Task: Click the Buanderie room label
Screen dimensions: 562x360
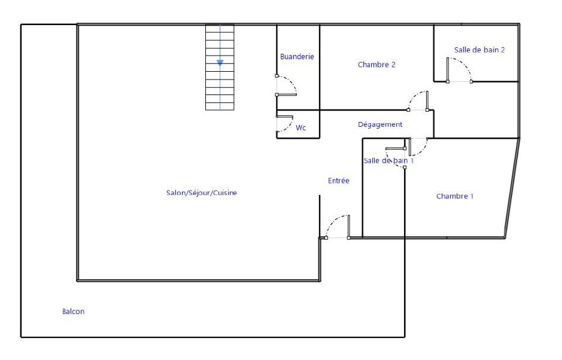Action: coord(297,57)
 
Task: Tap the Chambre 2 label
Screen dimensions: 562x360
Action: coord(376,65)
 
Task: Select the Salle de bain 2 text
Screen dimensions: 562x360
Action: coord(479,50)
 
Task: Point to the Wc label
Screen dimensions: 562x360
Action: coord(300,127)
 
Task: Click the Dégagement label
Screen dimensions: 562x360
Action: coord(380,124)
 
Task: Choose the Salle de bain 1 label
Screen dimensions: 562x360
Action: coord(388,160)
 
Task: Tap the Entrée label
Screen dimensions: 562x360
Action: coord(338,181)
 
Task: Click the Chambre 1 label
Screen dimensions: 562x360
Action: coord(455,196)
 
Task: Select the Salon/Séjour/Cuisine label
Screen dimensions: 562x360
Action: coord(202,193)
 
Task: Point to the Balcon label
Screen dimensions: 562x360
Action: coord(73,312)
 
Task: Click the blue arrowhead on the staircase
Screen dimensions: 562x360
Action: coord(220,63)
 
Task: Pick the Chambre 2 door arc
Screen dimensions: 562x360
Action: coord(414,97)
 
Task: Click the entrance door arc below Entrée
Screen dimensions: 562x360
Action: coord(333,222)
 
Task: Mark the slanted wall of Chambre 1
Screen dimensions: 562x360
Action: coord(512,188)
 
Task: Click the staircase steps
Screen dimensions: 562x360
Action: coord(220,67)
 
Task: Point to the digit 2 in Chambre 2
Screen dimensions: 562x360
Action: coord(393,65)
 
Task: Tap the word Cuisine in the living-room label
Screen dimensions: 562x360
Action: coord(225,193)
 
